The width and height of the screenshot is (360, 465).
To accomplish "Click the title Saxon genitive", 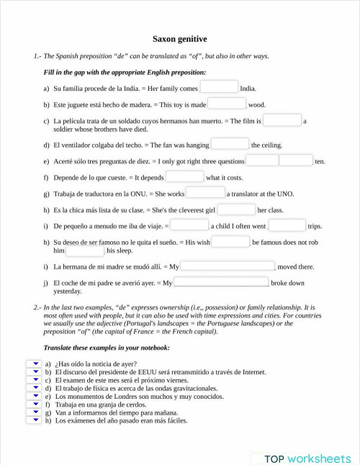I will (179, 39).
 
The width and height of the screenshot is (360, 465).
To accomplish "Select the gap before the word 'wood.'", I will (227, 104).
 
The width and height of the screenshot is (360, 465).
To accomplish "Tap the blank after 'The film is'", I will (282, 120).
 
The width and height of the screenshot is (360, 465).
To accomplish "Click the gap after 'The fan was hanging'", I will (230, 144).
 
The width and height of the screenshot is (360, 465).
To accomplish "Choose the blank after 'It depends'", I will (185, 176).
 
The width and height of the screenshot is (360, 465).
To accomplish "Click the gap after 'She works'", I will (206, 193).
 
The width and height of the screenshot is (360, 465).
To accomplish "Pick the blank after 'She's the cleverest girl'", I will (236, 209).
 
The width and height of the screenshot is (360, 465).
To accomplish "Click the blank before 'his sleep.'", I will (85, 250).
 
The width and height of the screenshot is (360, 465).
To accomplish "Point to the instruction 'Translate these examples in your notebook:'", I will (107, 348).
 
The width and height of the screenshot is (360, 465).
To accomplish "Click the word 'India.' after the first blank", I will (248, 89).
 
